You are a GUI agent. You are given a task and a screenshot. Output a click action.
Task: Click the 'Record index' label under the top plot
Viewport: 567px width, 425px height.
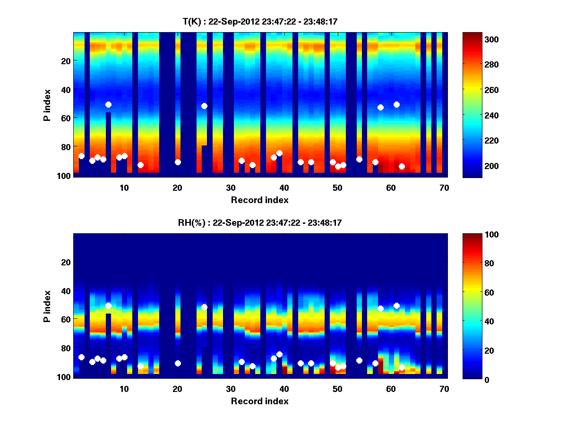tap(259, 200)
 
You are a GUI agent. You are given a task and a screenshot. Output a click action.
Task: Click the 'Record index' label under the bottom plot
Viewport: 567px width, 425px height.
tap(259, 401)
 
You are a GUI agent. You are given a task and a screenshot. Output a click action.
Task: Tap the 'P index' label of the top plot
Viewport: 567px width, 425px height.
tap(47, 105)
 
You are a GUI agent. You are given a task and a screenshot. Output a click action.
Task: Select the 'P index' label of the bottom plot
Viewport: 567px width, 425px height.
tap(47, 306)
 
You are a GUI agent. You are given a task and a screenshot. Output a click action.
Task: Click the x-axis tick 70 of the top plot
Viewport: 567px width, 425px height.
tap(444, 187)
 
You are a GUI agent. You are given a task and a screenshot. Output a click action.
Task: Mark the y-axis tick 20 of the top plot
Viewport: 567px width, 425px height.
tap(65, 61)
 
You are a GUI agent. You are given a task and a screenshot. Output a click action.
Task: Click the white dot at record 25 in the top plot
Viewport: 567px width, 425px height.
tap(204, 106)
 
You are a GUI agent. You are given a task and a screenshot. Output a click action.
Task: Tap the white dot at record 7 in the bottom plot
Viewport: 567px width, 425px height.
tap(108, 306)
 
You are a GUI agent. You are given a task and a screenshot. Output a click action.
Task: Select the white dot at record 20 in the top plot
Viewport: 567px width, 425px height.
tap(178, 162)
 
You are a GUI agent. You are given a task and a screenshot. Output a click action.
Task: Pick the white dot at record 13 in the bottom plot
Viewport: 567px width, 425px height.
tap(140, 366)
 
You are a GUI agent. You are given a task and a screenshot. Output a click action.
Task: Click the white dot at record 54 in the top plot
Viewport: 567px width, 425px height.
tap(359, 159)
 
